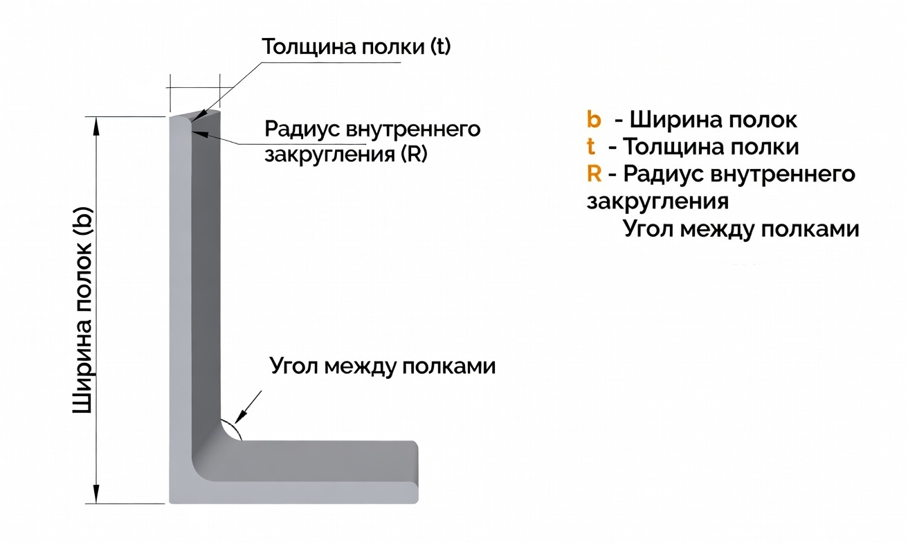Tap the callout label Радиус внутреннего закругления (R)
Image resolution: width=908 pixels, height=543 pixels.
372,141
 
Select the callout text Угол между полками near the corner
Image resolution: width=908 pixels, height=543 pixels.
383,366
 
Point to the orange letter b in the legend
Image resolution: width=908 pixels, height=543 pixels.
594,120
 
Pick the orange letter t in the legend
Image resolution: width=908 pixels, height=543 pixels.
591,147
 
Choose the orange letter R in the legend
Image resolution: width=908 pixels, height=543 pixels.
594,173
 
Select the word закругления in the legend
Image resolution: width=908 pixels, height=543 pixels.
657,201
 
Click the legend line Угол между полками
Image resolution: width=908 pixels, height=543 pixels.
741,228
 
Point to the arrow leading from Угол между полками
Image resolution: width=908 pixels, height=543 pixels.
249,406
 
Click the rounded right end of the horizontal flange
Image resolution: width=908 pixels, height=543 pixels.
415,471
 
